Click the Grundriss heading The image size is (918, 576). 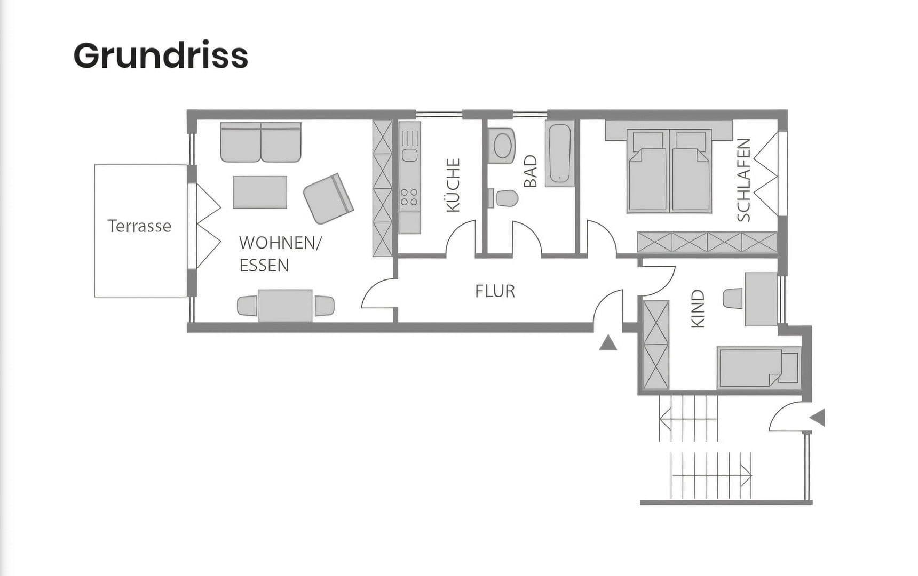(x=161, y=56)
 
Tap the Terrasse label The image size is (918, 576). (x=139, y=226)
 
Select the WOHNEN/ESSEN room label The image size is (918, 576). (x=280, y=254)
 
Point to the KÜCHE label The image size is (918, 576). (x=453, y=185)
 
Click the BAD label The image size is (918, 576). (x=530, y=171)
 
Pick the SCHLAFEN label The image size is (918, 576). (x=743, y=180)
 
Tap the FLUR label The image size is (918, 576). (x=495, y=291)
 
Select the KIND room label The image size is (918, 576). (x=698, y=309)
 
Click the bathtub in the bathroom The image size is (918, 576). (x=559, y=154)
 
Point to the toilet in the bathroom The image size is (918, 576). (x=503, y=198)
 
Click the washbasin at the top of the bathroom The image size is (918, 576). (x=502, y=144)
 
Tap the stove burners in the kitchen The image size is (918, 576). (x=409, y=197)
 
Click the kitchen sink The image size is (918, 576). (x=409, y=155)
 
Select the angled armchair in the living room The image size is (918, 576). (x=329, y=198)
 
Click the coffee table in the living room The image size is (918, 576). (x=260, y=192)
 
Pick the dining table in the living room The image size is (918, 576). (x=286, y=306)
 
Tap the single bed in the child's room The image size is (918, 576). (x=758, y=367)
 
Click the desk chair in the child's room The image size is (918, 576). (x=733, y=298)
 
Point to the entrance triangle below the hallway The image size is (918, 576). (x=608, y=343)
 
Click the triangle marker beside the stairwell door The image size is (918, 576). (x=818, y=418)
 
